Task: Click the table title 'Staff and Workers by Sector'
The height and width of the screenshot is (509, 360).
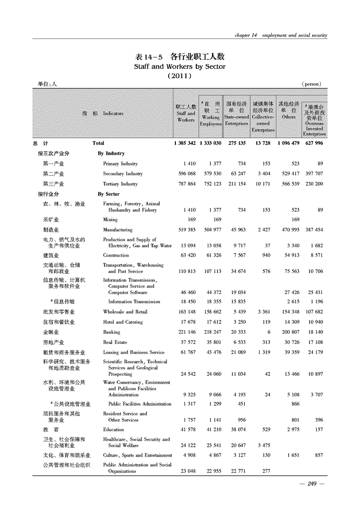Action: [x=179, y=66]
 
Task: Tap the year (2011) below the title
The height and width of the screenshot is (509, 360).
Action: [x=179, y=76]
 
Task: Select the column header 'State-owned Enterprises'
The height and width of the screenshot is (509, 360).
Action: [x=237, y=114]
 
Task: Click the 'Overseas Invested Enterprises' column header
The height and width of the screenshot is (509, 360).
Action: [x=314, y=118]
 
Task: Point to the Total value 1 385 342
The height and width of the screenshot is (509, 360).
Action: [x=185, y=143]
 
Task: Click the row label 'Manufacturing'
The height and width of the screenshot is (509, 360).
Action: [x=118, y=230]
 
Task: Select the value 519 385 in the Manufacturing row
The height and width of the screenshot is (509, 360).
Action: [x=186, y=230]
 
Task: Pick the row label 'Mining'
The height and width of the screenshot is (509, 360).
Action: [x=110, y=220]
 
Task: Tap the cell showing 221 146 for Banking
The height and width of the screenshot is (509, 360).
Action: [x=186, y=332]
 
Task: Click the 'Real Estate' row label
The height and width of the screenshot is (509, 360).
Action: [x=115, y=342]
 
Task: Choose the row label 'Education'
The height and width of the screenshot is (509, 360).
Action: [x=113, y=429]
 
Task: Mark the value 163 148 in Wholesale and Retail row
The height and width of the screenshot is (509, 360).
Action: [x=186, y=312]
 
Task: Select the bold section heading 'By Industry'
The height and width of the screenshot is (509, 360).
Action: [x=111, y=153]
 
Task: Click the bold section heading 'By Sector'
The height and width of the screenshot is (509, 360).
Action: [x=109, y=194]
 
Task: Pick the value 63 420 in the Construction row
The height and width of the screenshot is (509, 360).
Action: [x=187, y=255]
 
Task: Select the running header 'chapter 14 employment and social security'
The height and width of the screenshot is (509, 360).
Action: [x=280, y=35]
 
